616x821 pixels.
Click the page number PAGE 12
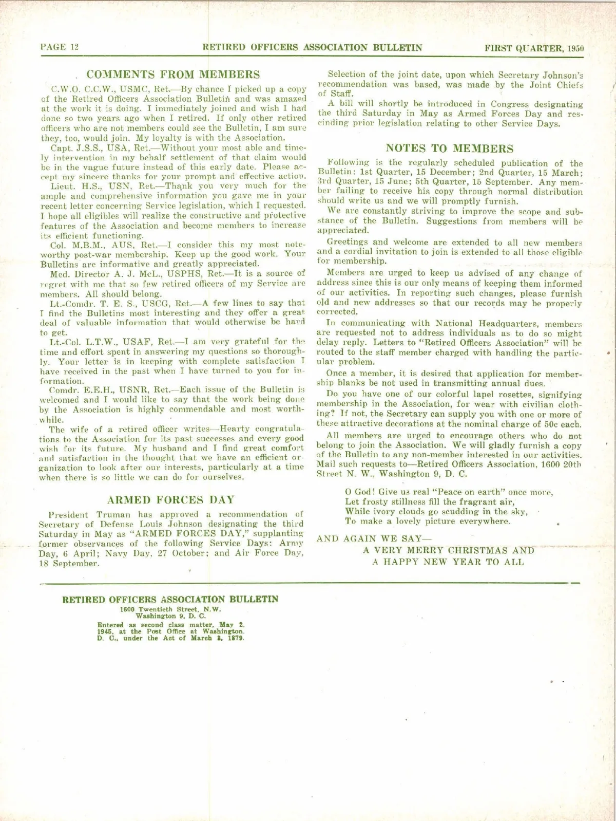click(60, 47)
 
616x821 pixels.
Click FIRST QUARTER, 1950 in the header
click(534, 48)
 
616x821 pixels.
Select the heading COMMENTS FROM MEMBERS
click(173, 74)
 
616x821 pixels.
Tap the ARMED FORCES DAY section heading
click(170, 500)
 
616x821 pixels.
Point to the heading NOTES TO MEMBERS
click(449, 148)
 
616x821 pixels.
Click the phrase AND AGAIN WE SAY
click(374, 538)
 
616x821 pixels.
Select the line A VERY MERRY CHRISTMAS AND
click(449, 550)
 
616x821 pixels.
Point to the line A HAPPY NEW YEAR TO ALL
click(448, 562)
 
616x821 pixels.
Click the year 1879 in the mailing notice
click(236, 638)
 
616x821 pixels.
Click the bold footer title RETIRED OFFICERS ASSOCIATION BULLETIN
click(170, 599)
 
